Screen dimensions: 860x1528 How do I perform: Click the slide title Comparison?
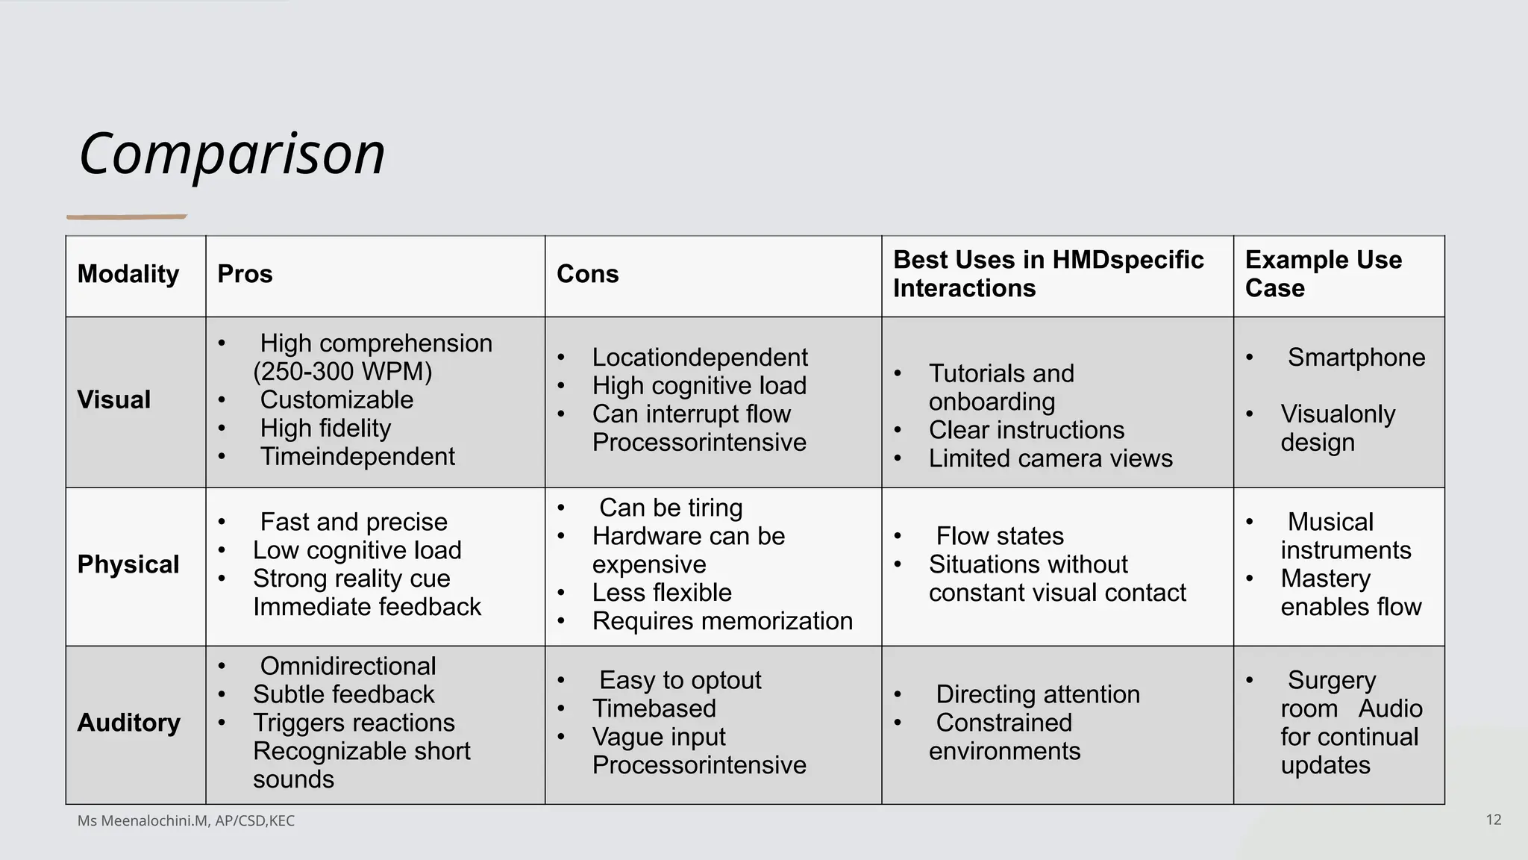(232, 154)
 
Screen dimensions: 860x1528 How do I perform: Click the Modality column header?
(128, 274)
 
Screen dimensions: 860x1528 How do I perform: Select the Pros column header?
(245, 274)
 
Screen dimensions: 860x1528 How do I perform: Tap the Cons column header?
(587, 274)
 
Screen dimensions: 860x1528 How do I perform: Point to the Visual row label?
(113, 400)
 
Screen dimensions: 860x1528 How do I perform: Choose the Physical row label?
(128, 564)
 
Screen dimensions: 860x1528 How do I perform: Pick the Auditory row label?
(128, 723)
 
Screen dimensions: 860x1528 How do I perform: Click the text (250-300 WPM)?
(342, 372)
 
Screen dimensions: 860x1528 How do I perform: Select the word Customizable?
(336, 400)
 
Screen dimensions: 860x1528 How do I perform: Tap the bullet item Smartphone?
(1356, 358)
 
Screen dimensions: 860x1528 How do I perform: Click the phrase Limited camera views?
(1050, 458)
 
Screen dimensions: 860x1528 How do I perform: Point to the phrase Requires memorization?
(722, 621)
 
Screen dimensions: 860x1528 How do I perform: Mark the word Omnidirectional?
(348, 666)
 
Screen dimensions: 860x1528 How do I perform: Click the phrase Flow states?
(1000, 536)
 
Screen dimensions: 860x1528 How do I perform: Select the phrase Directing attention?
(1038, 694)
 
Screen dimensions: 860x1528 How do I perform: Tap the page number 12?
(1493, 820)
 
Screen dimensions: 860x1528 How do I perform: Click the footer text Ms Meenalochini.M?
(143, 821)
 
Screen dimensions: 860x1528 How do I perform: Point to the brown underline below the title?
(127, 217)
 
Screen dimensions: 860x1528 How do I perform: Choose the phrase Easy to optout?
(680, 680)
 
